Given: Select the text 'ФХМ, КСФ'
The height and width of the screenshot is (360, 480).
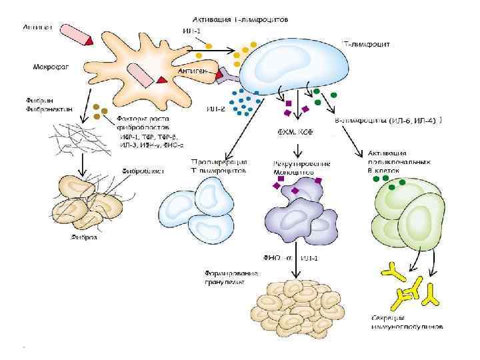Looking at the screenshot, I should tap(295, 131).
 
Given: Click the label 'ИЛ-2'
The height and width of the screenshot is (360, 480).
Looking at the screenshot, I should tap(215, 109).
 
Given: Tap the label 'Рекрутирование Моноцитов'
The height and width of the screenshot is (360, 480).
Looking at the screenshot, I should tap(294, 167).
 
